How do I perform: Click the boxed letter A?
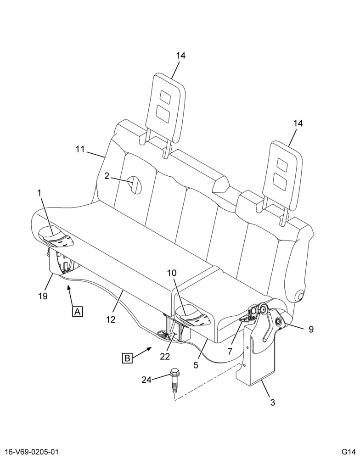point(77,312)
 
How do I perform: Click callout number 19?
point(43,296)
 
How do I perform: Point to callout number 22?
point(165,356)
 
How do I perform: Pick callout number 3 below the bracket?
point(273,403)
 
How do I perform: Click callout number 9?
point(311,329)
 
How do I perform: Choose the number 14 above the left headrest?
point(181,56)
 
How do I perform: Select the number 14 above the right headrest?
point(298,123)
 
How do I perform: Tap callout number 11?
point(80,149)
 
